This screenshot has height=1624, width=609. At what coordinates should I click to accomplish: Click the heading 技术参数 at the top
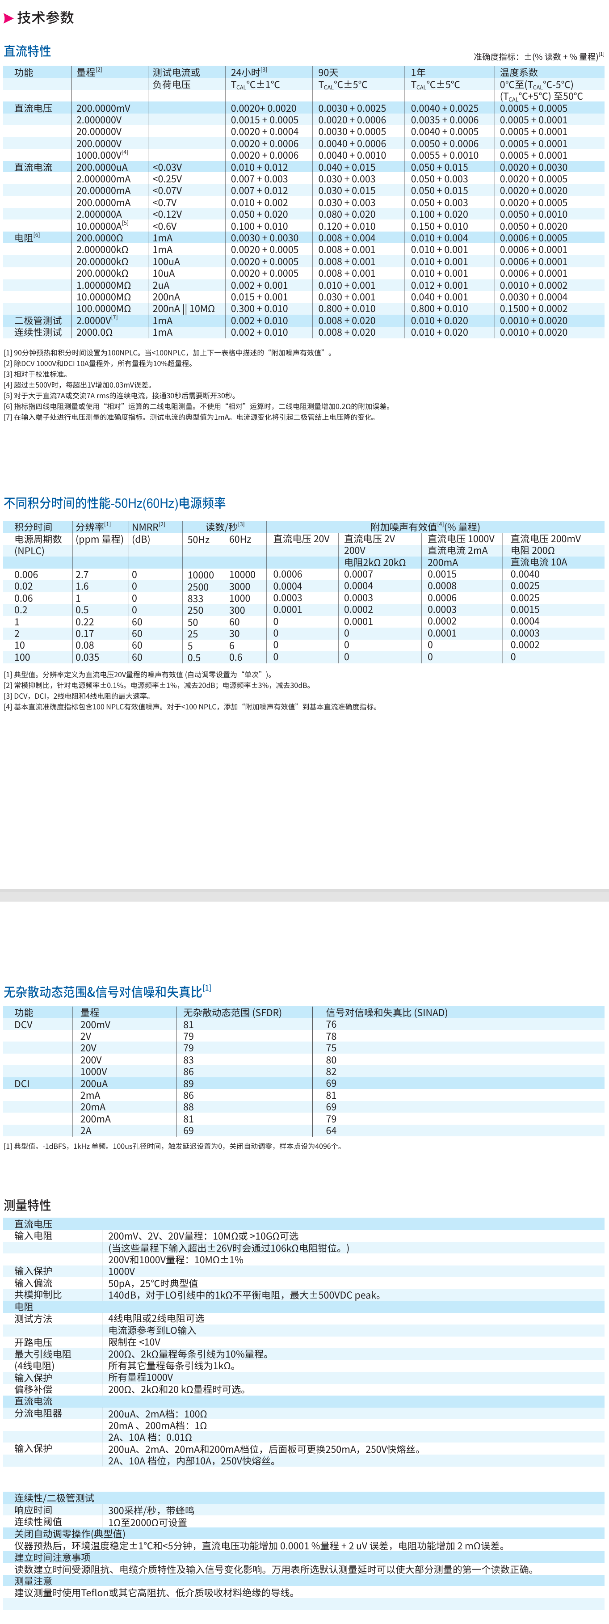[x=46, y=17]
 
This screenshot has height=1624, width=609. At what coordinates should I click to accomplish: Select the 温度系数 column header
[x=518, y=72]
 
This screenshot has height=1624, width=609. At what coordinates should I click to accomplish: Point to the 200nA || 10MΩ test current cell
[x=184, y=309]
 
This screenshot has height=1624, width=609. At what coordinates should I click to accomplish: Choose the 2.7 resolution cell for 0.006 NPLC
[x=82, y=574]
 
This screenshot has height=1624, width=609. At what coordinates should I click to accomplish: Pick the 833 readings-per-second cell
[x=195, y=598]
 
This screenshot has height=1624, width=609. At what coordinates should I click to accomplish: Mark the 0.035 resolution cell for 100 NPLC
[x=87, y=657]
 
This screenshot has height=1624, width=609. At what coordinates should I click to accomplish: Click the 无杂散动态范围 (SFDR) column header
[x=232, y=1012]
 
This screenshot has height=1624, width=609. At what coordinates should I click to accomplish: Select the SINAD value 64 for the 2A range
[x=331, y=1130]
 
